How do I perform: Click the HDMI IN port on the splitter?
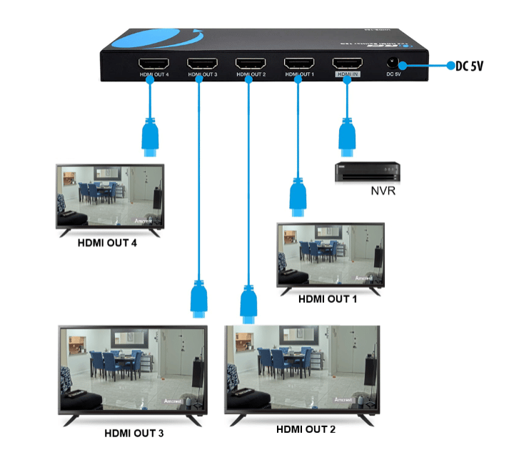(347, 62)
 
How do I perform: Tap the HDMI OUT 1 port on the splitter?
(299, 62)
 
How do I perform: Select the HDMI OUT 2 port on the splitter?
(249, 62)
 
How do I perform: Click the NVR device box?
(367, 172)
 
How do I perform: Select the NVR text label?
(384, 191)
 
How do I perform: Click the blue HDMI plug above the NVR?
(347, 138)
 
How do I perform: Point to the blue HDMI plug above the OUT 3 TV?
(200, 299)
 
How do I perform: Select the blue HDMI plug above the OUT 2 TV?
(248, 302)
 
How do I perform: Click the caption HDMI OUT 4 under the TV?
(107, 242)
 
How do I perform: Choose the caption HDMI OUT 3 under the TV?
(134, 433)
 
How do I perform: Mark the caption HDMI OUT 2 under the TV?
(306, 429)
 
